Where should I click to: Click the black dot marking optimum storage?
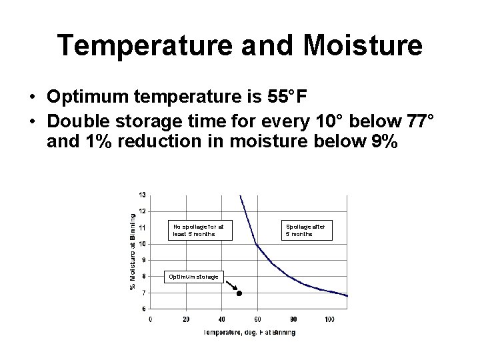pyautogui.click(x=239, y=293)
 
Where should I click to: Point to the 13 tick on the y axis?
pyautogui.click(x=143, y=195)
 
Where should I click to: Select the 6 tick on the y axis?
pyautogui.click(x=143, y=308)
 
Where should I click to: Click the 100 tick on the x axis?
pyautogui.click(x=329, y=319)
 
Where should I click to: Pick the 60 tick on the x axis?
pyautogui.click(x=257, y=319)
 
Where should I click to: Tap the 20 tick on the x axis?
pyautogui.click(x=186, y=319)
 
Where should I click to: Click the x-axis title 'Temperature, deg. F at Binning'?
pyautogui.click(x=249, y=332)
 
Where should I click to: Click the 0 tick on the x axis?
pyautogui.click(x=151, y=319)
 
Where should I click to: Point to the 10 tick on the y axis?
pyautogui.click(x=143, y=243)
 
